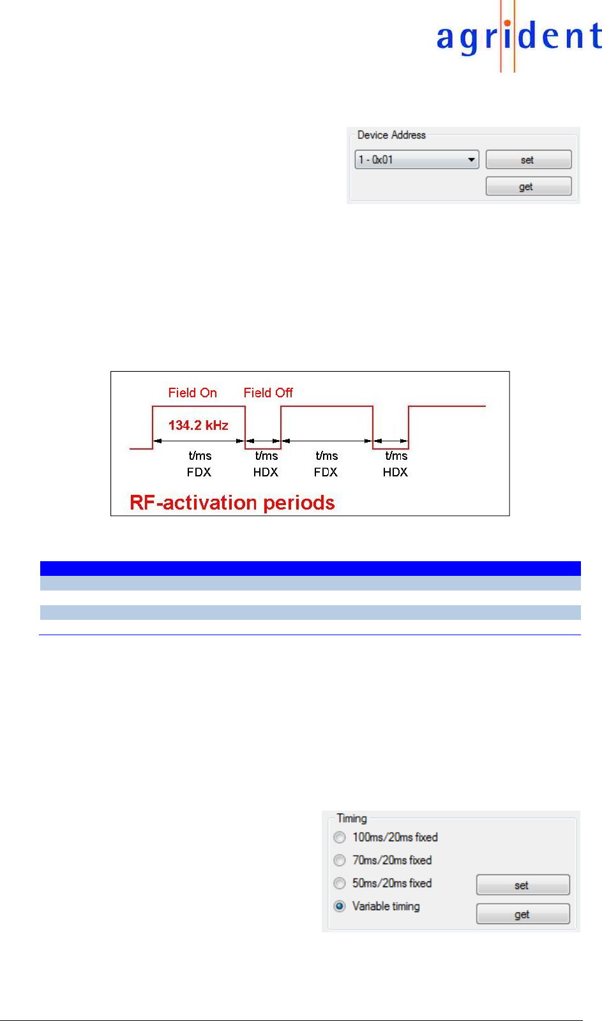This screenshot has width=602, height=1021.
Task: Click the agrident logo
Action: click(518, 37)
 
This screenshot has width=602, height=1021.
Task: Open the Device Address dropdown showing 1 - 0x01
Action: click(416, 159)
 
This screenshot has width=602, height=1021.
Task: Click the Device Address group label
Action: click(391, 135)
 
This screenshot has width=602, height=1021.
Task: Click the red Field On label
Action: click(192, 393)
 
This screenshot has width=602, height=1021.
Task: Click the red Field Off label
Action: click(268, 393)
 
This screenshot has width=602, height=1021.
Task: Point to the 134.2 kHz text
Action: click(198, 425)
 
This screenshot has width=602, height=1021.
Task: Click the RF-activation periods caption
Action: click(232, 503)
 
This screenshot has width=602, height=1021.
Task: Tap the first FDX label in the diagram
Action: click(199, 472)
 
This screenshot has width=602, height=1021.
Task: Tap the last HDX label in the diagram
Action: click(395, 472)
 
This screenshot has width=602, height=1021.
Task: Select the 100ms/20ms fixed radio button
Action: click(340, 837)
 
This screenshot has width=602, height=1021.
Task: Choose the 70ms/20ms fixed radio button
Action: click(340, 860)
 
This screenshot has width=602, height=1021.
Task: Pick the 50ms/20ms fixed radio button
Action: click(340, 883)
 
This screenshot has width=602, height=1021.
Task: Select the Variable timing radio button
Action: click(340, 906)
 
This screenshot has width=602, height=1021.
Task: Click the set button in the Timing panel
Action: click(522, 885)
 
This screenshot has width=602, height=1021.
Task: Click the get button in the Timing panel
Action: click(522, 914)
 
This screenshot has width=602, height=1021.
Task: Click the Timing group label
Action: click(352, 818)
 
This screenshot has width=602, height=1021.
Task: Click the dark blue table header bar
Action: click(310, 568)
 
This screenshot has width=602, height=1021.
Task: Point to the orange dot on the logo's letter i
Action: click(507, 24)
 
